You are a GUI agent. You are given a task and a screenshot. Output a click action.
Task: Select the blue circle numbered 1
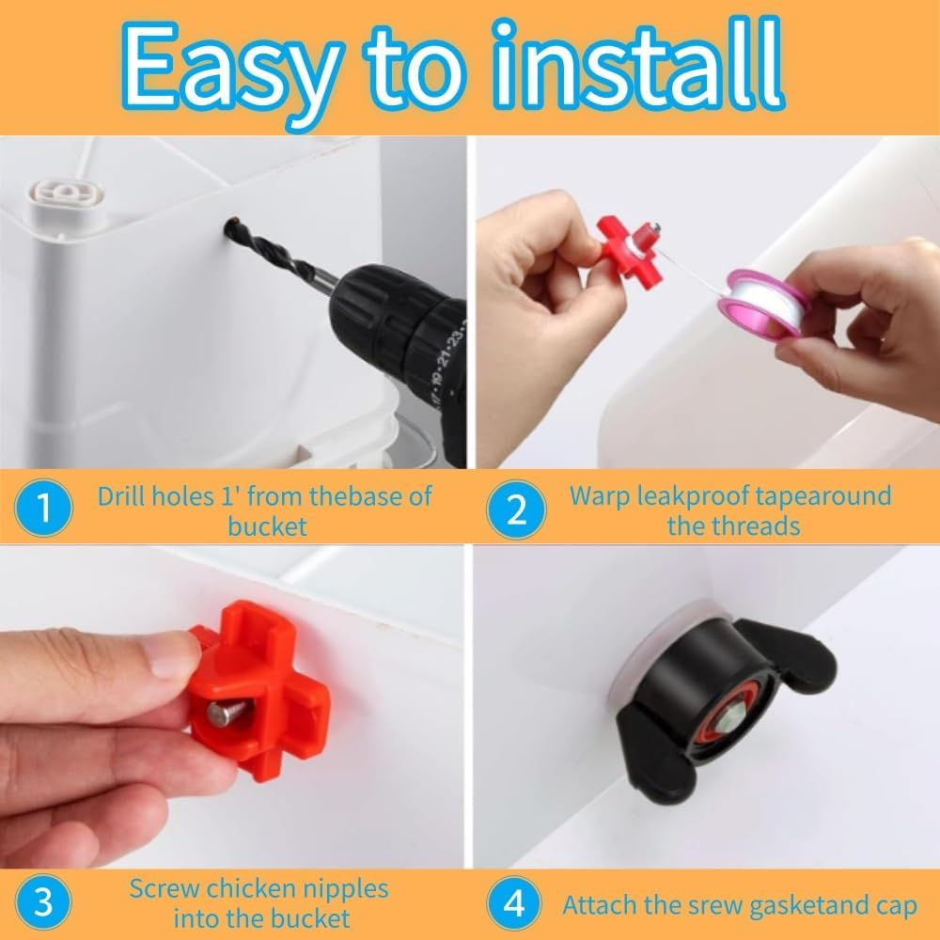tap(43, 509)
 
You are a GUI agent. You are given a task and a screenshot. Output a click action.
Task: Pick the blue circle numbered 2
tap(516, 509)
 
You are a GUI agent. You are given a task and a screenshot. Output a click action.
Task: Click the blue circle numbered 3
tap(43, 902)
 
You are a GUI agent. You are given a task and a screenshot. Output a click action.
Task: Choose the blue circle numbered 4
tap(516, 904)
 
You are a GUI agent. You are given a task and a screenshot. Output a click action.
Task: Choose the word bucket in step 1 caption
tap(267, 525)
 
